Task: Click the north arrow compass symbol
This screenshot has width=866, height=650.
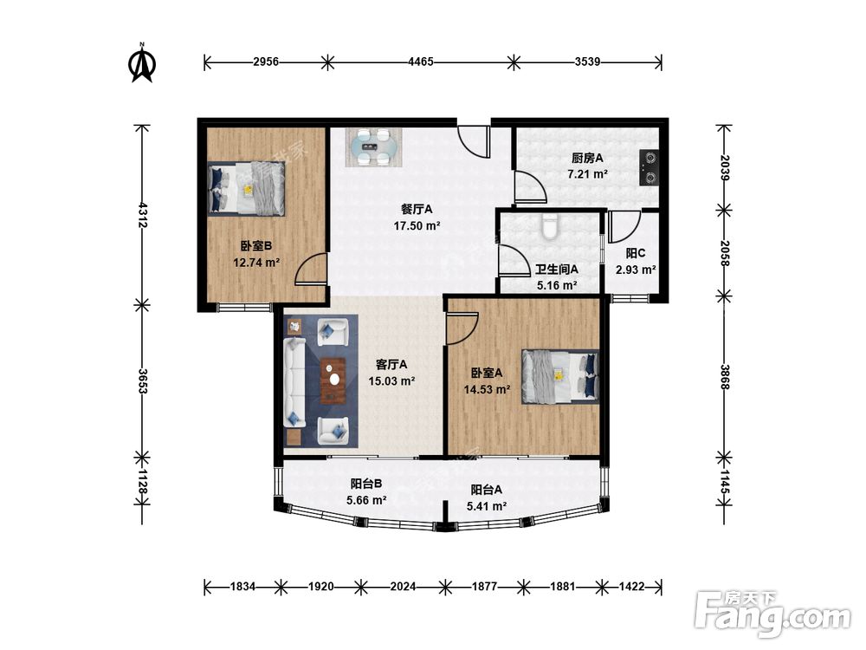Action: (142, 63)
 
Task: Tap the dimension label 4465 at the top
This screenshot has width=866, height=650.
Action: (420, 62)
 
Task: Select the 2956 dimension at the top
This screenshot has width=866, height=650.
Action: (266, 62)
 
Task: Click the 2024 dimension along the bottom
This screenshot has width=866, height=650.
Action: (403, 587)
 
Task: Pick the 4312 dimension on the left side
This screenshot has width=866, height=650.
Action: (143, 215)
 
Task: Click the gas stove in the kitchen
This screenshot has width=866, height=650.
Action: (649, 167)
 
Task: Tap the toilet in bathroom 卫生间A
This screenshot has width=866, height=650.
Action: (550, 226)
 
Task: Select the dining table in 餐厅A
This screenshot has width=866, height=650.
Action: (374, 147)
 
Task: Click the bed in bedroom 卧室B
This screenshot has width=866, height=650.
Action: (246, 188)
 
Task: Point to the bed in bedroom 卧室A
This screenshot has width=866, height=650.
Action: (560, 376)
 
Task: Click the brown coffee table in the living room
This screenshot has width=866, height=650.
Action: (333, 380)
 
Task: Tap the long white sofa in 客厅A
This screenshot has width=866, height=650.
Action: (295, 382)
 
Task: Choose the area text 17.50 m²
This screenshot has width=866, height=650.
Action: (417, 225)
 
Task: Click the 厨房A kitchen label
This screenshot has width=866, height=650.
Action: (588, 158)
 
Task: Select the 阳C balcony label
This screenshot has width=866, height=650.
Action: (636, 253)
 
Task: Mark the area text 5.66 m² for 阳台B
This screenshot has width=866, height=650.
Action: (366, 500)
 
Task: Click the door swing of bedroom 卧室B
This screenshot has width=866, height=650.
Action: (312, 270)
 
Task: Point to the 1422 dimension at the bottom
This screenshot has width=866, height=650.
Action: (631, 587)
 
